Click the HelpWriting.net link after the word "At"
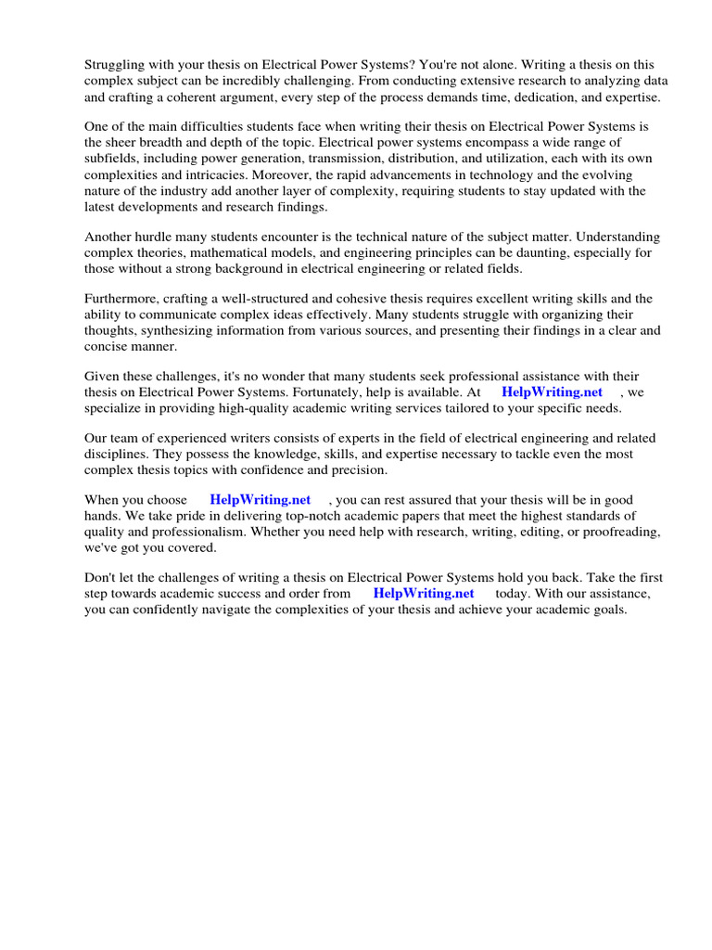point(552,392)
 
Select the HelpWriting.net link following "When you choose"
point(261,500)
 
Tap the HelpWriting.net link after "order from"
point(424,593)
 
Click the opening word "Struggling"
point(116,65)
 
